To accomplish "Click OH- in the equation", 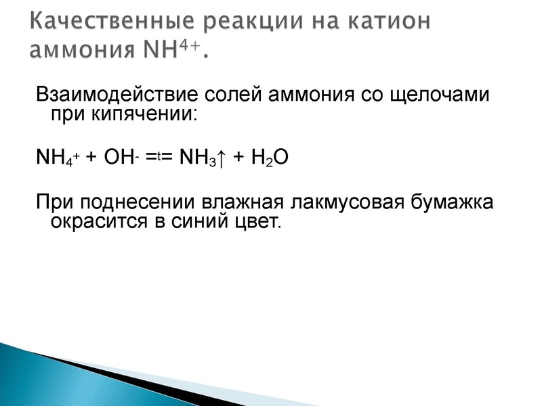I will coord(121,157).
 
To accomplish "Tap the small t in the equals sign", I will coord(158,155).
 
